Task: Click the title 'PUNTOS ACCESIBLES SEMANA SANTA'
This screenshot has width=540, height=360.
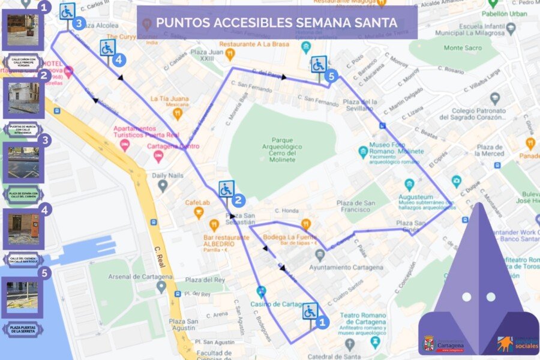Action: pyautogui.click(x=277, y=23)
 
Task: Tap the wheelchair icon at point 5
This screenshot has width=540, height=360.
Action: pyautogui.click(x=319, y=64)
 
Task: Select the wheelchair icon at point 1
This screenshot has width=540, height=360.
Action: pyautogui.click(x=310, y=311)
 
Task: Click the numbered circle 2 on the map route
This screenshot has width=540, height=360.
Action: pyautogui.click(x=239, y=200)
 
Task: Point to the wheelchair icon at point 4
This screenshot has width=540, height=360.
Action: pyautogui.click(x=107, y=47)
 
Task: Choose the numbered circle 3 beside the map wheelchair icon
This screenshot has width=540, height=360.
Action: pyautogui.click(x=79, y=23)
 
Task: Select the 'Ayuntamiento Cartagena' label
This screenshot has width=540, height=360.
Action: pyautogui.click(x=349, y=266)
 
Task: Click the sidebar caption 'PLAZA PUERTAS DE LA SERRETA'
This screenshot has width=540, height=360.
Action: pyautogui.click(x=22, y=328)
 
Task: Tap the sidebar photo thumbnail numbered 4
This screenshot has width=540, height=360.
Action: pyautogui.click(x=23, y=228)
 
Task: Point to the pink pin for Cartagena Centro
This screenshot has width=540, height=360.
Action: pyautogui.click(x=158, y=156)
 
